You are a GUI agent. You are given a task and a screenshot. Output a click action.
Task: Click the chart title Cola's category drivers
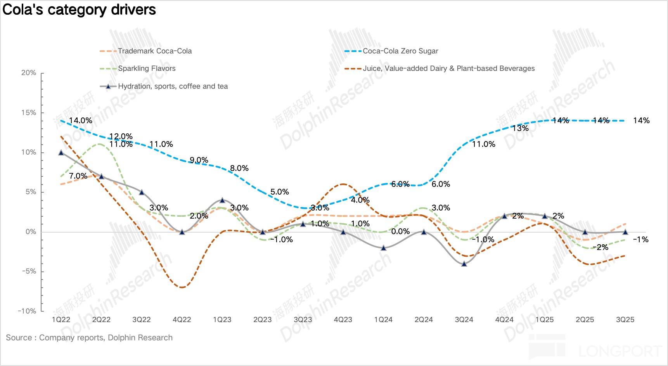[79, 10]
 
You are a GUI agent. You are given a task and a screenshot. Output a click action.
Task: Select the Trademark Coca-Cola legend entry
[154, 51]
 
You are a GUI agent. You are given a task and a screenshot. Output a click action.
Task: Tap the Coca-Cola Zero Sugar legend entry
[400, 51]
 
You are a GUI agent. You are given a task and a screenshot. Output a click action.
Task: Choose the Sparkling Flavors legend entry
[146, 69]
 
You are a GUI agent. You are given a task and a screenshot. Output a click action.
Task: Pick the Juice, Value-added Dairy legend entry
[448, 69]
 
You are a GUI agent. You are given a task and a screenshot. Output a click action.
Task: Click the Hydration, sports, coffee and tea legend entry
[173, 86]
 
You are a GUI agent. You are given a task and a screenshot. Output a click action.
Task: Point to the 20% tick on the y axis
[29, 73]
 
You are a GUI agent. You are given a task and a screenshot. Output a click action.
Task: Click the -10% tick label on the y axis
[27, 311]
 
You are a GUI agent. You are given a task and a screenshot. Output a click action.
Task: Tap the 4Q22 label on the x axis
[182, 320]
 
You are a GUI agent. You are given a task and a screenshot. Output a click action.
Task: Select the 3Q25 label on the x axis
[625, 320]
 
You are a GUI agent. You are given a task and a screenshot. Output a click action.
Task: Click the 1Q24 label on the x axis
[383, 320]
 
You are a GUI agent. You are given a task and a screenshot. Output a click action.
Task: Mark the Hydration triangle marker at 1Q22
[61, 152]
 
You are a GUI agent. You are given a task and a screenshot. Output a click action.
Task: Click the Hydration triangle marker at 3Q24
[464, 264]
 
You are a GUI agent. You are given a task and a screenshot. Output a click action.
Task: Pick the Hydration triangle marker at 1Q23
[222, 200]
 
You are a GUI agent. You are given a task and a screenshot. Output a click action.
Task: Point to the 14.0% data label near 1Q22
[81, 121]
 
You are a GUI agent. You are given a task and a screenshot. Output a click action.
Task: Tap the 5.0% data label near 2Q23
[279, 192]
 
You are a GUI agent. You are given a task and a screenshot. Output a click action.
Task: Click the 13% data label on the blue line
[520, 128]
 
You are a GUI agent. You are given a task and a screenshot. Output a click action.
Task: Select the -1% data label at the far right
[640, 240]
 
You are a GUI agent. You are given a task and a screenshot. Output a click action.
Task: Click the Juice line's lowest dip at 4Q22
[182, 287]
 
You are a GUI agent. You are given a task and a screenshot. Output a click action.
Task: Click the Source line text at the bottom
[89, 338]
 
